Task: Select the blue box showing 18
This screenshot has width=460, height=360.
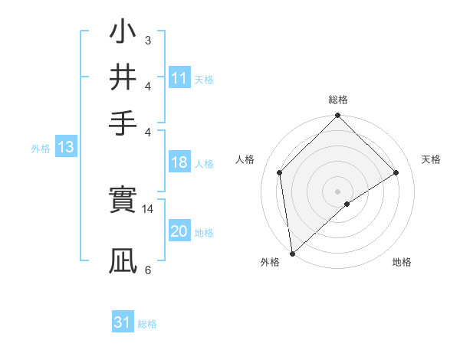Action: tap(179, 163)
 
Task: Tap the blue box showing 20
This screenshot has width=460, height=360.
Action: tap(179, 232)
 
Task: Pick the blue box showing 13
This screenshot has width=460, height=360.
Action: tap(65, 148)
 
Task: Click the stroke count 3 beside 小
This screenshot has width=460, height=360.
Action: tap(148, 41)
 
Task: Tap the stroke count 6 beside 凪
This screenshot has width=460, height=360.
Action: tap(148, 270)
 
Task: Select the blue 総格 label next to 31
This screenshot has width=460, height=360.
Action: tap(147, 324)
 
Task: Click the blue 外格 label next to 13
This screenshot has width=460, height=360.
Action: tap(41, 149)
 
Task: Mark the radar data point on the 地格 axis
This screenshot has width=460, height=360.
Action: tap(347, 204)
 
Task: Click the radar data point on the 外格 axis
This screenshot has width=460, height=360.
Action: tap(292, 254)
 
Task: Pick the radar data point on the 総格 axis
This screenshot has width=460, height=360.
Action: tap(338, 116)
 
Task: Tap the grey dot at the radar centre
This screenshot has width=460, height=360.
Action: tap(338, 191)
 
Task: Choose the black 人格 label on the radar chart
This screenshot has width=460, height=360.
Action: tap(245, 159)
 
